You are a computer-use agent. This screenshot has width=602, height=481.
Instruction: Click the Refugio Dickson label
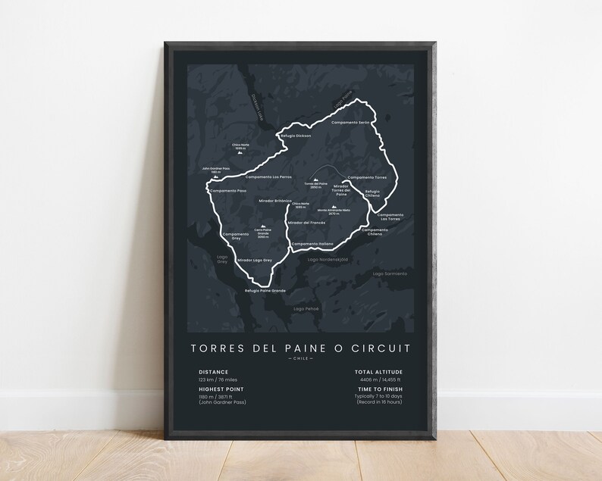click(296, 136)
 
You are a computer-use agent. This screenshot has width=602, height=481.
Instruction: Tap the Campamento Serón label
click(353, 123)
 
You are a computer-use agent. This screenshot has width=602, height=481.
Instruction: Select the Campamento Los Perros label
click(271, 176)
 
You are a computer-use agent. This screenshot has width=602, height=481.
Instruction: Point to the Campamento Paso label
click(229, 190)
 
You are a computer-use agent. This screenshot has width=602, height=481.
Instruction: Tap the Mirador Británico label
click(275, 200)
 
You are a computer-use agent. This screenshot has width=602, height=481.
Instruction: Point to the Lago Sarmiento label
click(390, 273)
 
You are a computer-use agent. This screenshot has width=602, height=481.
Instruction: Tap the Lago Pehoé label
click(307, 309)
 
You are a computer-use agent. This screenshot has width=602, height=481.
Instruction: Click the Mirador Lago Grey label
click(254, 260)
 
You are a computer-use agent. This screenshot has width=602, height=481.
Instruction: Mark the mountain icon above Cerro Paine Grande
click(263, 226)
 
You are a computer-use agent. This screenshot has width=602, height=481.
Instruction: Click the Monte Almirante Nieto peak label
click(334, 212)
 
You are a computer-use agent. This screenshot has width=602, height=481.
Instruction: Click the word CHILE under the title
click(302, 359)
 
